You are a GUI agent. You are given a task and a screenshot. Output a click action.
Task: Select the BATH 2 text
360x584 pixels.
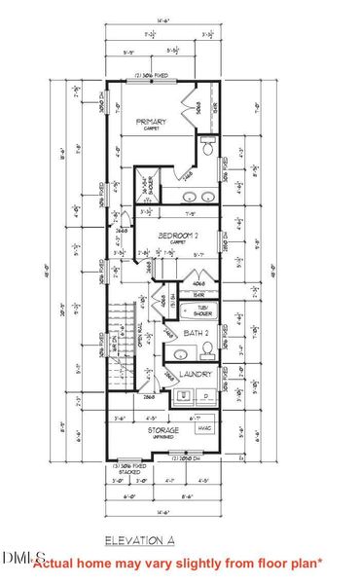coord(200,343)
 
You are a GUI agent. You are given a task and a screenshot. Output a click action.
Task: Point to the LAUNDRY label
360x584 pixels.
coord(198,373)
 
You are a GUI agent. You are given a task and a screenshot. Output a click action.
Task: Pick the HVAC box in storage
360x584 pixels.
coord(203,427)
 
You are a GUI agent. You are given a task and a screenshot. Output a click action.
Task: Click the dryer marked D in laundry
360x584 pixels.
coord(206,394)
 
